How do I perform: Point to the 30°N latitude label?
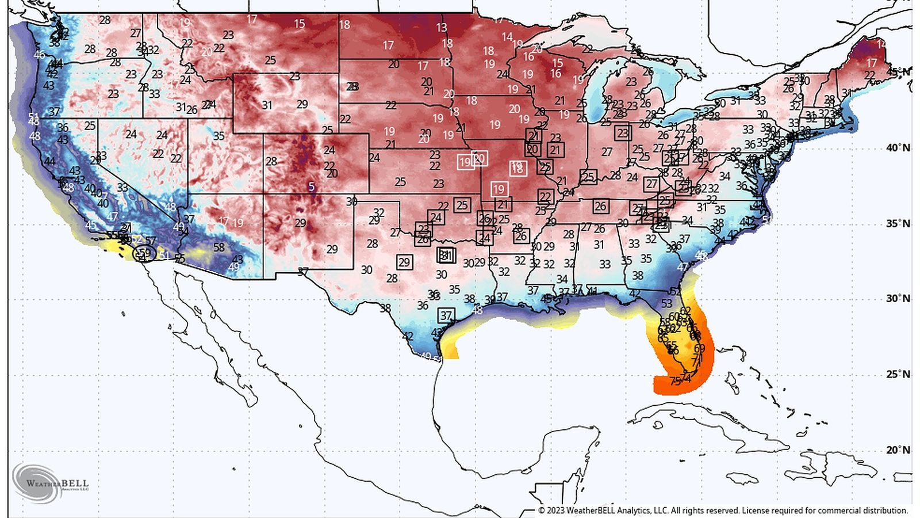point(898,299)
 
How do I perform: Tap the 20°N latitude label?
point(898,450)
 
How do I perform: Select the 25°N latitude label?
point(898,375)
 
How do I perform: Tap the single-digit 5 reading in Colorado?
point(312,186)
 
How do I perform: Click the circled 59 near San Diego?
point(144,253)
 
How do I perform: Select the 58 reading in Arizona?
point(219,247)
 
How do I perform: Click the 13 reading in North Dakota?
point(442,28)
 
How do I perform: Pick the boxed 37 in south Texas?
point(446,315)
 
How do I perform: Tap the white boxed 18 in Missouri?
point(518,168)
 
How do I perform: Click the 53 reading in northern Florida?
point(667,303)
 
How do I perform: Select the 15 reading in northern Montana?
point(300,24)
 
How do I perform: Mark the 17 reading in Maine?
point(872,63)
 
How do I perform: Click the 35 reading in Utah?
point(219,136)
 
